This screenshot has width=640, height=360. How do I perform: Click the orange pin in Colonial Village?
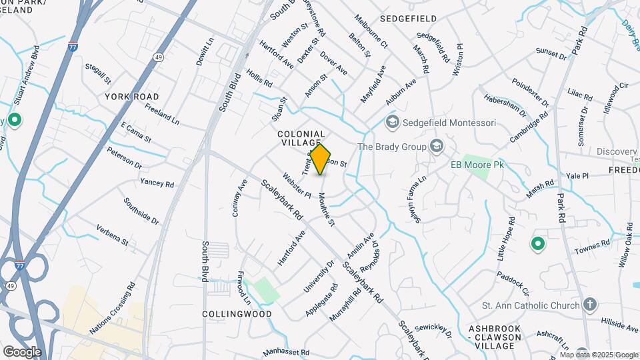[321, 159]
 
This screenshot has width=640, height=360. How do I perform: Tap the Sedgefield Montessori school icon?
[393, 121]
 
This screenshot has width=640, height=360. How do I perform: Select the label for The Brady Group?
[392, 147]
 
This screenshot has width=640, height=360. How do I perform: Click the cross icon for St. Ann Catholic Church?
[589, 305]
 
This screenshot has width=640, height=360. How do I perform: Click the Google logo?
[22, 351]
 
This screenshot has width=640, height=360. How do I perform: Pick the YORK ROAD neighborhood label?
[132, 97]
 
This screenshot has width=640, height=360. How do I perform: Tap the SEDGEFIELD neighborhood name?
[408, 18]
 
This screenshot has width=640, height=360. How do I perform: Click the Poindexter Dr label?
[530, 93]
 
